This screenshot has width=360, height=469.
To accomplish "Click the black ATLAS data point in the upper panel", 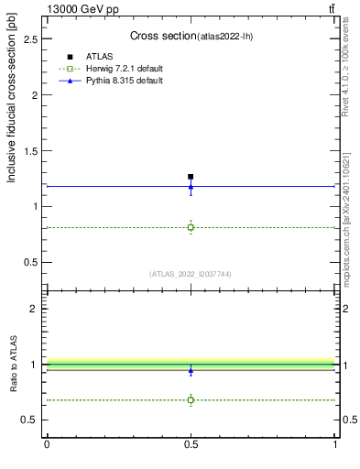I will click(x=191, y=177).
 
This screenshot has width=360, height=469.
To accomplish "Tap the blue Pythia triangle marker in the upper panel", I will click(x=191, y=187).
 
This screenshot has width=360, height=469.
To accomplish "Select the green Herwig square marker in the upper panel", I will click(x=191, y=227).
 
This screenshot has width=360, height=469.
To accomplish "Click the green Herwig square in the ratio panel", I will click(x=191, y=399).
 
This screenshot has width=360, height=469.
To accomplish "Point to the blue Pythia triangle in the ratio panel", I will click(x=191, y=370).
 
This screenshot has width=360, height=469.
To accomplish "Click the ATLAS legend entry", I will click(x=101, y=57).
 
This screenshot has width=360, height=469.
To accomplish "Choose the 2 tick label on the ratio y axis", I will click(x=34, y=309).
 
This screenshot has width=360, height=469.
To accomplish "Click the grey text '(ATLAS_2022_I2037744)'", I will click(x=191, y=273).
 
